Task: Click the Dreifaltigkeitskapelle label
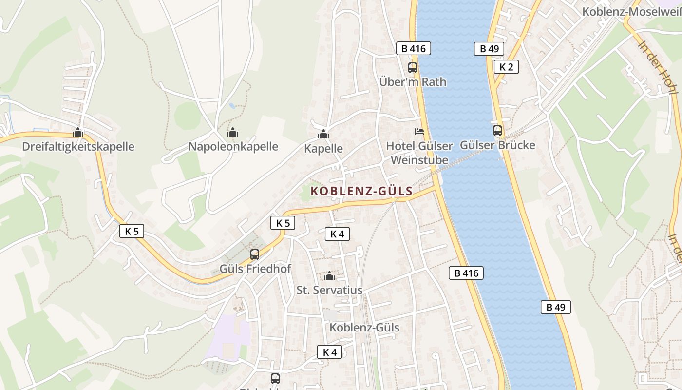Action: (x=78, y=146)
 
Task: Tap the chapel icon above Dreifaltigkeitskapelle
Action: (x=78, y=132)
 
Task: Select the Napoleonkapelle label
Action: (x=233, y=146)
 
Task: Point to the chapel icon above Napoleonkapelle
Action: (x=233, y=132)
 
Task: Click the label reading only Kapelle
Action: (x=323, y=149)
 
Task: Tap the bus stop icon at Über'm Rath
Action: (x=413, y=68)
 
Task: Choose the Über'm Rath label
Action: (x=413, y=82)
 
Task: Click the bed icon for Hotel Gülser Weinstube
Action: (x=419, y=132)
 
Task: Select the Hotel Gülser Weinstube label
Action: (x=419, y=153)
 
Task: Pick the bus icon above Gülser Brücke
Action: (x=497, y=131)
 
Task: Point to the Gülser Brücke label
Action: (x=497, y=145)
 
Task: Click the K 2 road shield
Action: (x=506, y=67)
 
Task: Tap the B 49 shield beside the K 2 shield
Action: (x=489, y=48)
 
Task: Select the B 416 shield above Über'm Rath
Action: (x=414, y=48)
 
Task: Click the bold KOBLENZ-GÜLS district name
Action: (x=361, y=191)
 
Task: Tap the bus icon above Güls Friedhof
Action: (x=255, y=254)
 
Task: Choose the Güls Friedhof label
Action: (x=255, y=269)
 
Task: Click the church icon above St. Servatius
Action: (x=330, y=276)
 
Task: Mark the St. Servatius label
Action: (x=329, y=290)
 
